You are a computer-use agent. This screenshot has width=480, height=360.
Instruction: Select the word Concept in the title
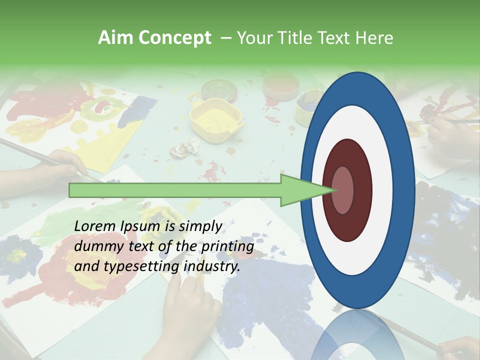pyautogui.click(x=174, y=38)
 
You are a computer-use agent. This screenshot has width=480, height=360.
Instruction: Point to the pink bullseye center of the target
pyautogui.click(x=342, y=190)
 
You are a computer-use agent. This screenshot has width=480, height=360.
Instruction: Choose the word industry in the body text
pyautogui.click(x=212, y=266)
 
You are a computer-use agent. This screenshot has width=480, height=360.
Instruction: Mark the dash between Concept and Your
pyautogui.click(x=225, y=38)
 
